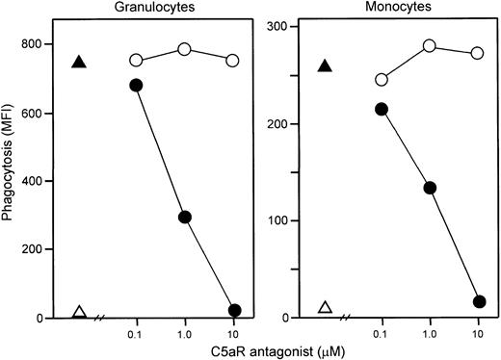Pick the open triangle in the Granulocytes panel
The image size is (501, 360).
(80, 312)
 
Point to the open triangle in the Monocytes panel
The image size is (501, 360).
(326, 307)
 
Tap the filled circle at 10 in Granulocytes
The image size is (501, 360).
(234, 310)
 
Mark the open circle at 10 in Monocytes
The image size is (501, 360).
(479, 53)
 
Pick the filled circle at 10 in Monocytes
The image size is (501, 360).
(479, 301)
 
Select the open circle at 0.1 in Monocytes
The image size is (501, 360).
(382, 80)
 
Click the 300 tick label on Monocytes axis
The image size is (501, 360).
(288, 27)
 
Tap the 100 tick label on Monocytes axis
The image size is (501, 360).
(288, 221)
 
